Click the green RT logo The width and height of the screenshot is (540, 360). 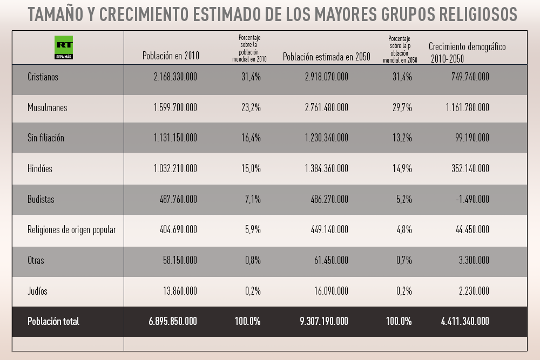tap(64, 47)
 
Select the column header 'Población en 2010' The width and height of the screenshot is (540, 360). tap(171, 56)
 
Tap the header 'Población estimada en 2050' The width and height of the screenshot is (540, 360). tap(327, 56)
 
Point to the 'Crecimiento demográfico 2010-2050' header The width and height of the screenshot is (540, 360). tap(467, 52)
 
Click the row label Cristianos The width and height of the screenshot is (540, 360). tap(43, 77)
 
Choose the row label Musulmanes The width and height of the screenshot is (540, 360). tap(48, 107)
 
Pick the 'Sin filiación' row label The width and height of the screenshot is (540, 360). tap(46, 138)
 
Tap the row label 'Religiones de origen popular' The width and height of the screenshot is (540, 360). tap(72, 230)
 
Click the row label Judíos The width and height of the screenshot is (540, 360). tap(37, 291)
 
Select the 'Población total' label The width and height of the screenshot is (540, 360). tap(53, 321)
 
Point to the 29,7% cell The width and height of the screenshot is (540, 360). tap(402, 107)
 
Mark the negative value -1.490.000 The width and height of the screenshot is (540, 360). tap(470, 199)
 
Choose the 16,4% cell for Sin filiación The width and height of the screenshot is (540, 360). tap(251, 138)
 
